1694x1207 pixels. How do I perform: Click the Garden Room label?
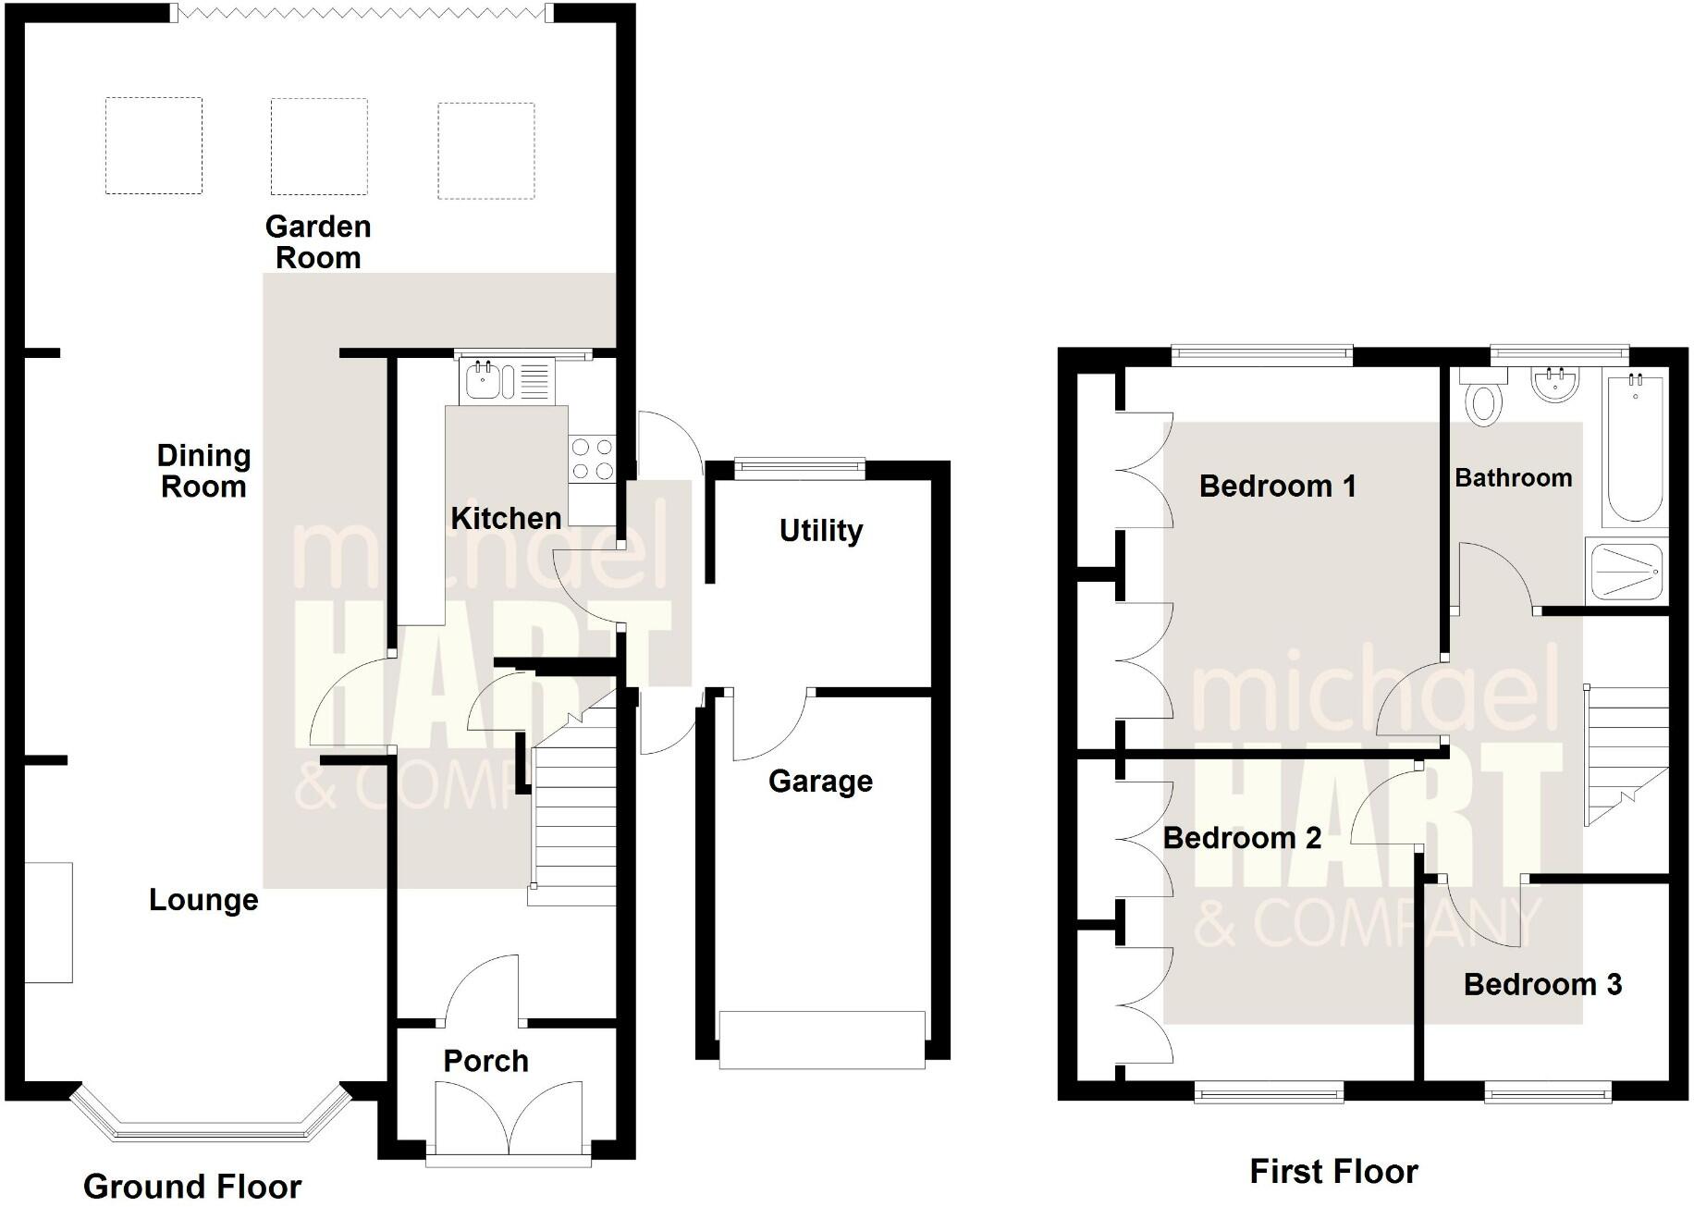(x=318, y=241)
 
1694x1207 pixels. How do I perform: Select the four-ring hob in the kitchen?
(x=592, y=459)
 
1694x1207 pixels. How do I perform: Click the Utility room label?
(x=821, y=531)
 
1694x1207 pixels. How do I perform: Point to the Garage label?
(x=820, y=782)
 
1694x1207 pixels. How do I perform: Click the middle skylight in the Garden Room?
(x=319, y=146)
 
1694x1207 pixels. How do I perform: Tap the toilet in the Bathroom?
(x=1484, y=399)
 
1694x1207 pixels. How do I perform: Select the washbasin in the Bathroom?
(x=1555, y=384)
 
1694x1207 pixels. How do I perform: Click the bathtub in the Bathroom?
(x=1637, y=449)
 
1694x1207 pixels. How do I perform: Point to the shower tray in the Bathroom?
(x=1626, y=571)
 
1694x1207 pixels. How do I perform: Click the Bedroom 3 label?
(x=1542, y=984)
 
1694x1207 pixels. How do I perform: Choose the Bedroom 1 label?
(x=1277, y=486)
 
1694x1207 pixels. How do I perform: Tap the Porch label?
(x=485, y=1061)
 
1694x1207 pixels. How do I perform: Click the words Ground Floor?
(x=192, y=1186)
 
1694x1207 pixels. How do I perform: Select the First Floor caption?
(x=1333, y=1172)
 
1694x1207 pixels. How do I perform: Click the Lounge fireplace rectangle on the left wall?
(x=48, y=922)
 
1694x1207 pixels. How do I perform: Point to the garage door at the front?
(x=821, y=1040)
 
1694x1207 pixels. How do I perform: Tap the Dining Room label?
(x=203, y=471)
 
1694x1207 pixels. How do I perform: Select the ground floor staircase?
(x=573, y=814)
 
